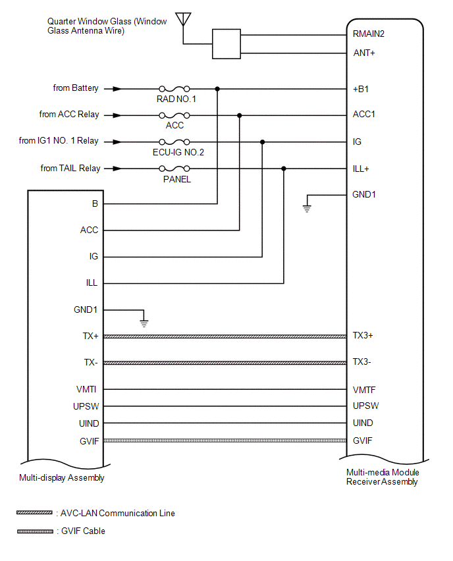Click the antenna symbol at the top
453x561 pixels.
point(183,18)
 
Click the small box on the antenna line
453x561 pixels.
point(226,44)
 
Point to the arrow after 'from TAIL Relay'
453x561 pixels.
point(115,169)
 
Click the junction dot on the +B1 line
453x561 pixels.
point(217,88)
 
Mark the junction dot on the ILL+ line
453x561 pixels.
point(284,169)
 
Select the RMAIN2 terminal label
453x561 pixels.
point(368,35)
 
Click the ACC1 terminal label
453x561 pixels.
point(364,115)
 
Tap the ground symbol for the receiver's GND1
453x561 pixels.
point(307,208)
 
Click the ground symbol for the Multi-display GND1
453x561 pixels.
point(144,323)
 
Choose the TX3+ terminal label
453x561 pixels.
point(363,335)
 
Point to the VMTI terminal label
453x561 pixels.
point(88,389)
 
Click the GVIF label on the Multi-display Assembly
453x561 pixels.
point(89,441)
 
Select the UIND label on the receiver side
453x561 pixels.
point(363,423)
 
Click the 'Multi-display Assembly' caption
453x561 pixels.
point(62,478)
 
